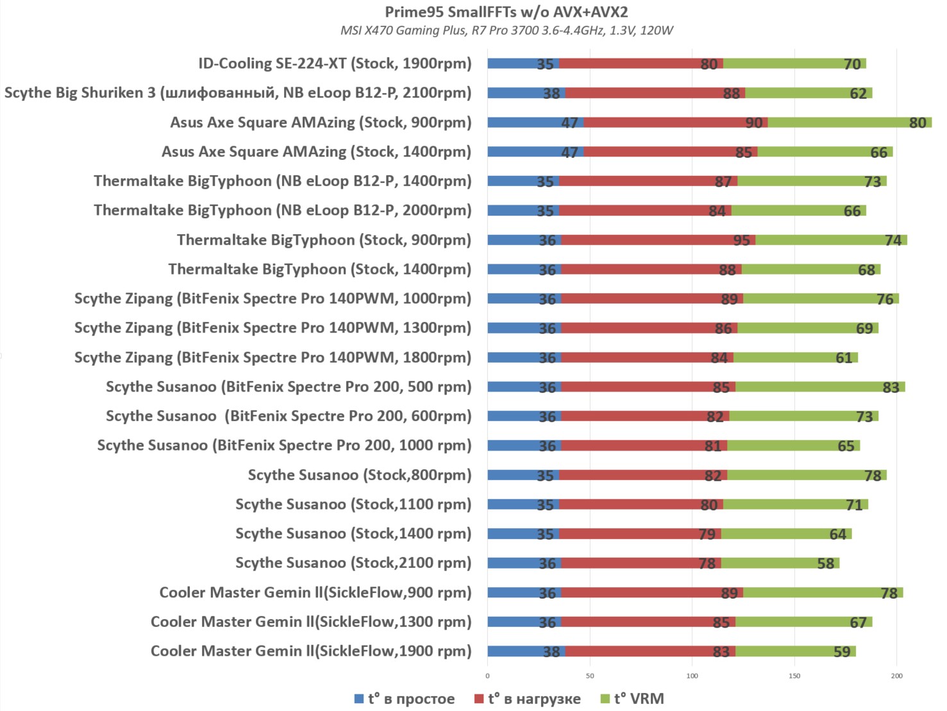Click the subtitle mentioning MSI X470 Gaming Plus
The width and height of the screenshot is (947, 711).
[x=507, y=30]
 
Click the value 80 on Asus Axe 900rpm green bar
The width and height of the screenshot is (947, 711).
[x=918, y=123]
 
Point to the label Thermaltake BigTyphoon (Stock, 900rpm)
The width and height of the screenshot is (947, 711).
[x=324, y=240]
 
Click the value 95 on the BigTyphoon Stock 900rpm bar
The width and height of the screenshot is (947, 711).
[x=741, y=241]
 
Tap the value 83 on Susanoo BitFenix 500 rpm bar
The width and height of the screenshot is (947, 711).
[x=891, y=388]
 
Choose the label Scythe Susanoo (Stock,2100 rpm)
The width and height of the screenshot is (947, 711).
[x=353, y=563]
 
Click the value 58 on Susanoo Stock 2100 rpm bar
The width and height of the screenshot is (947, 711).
[x=825, y=563]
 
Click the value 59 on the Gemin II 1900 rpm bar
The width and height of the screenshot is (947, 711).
[x=841, y=652]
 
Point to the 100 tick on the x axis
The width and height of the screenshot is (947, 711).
[x=692, y=676]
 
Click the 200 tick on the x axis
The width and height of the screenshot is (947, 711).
[x=896, y=676]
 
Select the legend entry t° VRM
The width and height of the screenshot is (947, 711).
[x=639, y=699]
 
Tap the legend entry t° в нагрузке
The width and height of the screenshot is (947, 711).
[x=534, y=699]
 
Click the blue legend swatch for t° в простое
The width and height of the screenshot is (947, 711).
[x=359, y=699]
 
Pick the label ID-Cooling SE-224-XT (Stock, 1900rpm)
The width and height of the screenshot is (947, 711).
[x=335, y=64]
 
